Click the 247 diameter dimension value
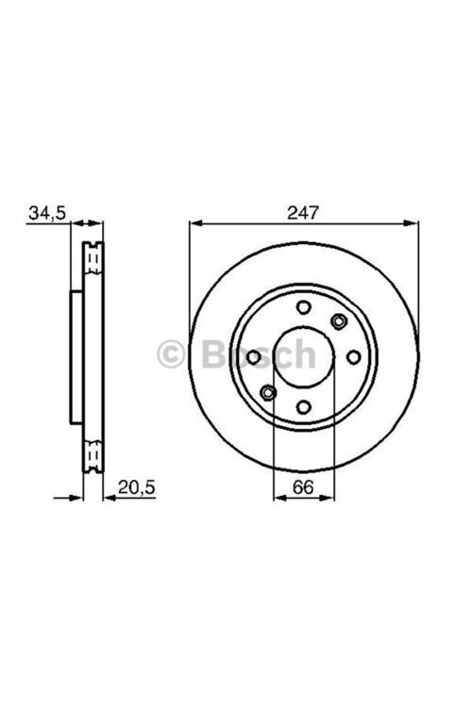(303, 212)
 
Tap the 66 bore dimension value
(303, 487)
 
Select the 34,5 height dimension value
(47, 213)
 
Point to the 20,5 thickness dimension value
(136, 487)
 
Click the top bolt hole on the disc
(304, 307)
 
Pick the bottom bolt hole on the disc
(304, 407)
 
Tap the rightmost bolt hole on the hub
(353, 357)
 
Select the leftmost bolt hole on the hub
(254, 357)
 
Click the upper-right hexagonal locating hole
(338, 321)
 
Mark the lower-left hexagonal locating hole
(268, 393)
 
